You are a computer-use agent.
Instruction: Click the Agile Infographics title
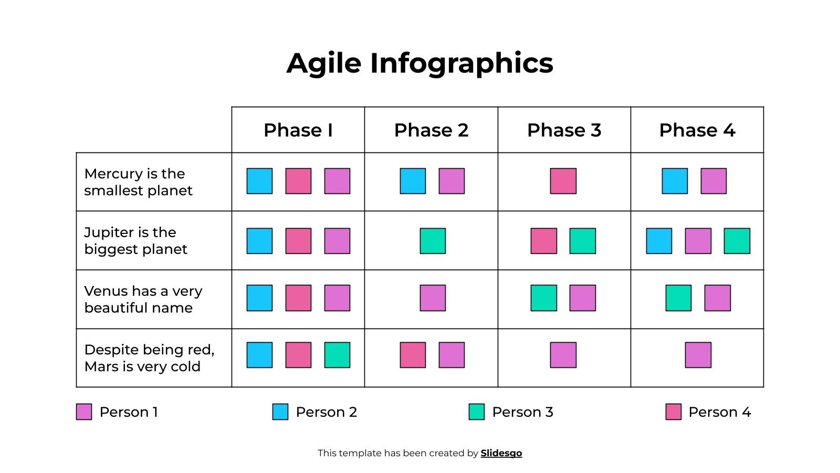coord(419,63)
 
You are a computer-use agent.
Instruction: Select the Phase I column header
coord(298,130)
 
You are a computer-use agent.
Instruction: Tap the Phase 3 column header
coord(564,130)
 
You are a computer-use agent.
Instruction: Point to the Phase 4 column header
coord(697,130)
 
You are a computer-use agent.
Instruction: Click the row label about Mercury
coord(138,182)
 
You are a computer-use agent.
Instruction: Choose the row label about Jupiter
coord(135,241)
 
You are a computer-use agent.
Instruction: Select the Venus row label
coord(143,299)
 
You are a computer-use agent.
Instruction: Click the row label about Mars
coord(149,358)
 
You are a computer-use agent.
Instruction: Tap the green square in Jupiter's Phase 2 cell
coord(433,241)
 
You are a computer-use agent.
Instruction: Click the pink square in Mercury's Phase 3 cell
coord(563,181)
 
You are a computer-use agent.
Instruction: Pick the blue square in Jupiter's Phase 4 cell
coord(659,241)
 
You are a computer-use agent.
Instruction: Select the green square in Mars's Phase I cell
coord(337,355)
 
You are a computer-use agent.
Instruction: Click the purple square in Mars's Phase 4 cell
coord(698,355)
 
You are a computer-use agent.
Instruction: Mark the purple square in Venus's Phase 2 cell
coord(433,298)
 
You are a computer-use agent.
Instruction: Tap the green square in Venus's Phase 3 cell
coord(543,298)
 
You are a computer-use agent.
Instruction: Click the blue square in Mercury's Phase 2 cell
coord(413,181)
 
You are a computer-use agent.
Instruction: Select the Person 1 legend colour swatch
coord(84,412)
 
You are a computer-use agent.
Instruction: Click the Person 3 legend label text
coord(522,412)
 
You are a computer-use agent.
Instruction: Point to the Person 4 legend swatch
coord(673,412)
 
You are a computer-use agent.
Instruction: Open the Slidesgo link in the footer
coord(501,453)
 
